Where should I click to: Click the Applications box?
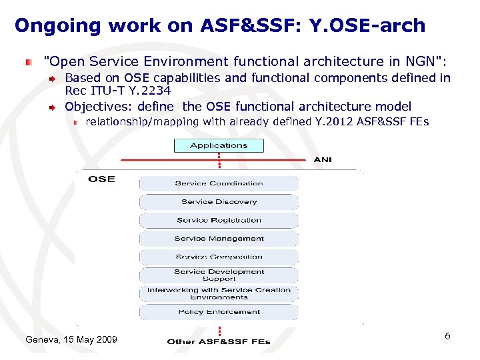(219, 145)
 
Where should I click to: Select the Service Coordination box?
(219, 183)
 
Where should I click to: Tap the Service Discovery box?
(219, 202)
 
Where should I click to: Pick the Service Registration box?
(219, 220)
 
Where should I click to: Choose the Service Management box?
(219, 239)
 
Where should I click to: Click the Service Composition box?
(219, 257)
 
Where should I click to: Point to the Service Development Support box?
(219, 275)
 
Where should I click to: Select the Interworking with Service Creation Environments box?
(219, 293)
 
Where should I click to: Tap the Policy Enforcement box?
(219, 312)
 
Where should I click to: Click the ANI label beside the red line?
(323, 160)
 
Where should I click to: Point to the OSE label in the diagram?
(101, 179)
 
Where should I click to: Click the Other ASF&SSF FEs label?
(219, 341)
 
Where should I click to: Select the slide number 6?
(447, 336)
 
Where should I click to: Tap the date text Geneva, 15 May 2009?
(71, 340)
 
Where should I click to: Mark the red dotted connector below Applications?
(219, 161)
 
